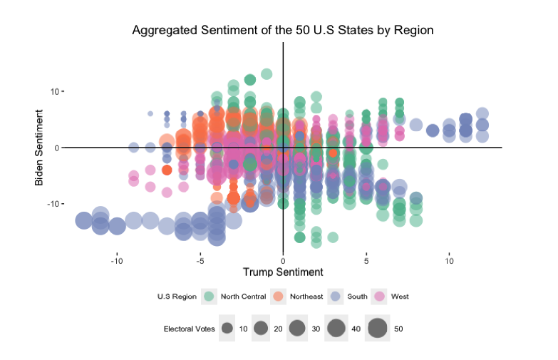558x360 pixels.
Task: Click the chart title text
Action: (x=283, y=31)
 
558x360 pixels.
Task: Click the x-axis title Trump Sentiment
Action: (x=283, y=272)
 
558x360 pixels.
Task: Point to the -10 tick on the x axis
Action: (x=117, y=261)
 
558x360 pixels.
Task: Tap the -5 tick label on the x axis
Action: (x=200, y=261)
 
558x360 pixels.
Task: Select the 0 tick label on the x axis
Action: (x=284, y=261)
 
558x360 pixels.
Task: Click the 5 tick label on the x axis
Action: (x=366, y=261)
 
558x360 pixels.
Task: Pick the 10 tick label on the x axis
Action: (x=450, y=261)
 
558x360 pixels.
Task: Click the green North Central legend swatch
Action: (x=210, y=296)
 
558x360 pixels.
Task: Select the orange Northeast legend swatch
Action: (x=279, y=296)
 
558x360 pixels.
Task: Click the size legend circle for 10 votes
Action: (x=227, y=329)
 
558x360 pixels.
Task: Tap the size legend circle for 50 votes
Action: (x=377, y=329)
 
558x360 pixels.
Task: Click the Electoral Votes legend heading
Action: (x=189, y=329)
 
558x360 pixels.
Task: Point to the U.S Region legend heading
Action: (x=177, y=296)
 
